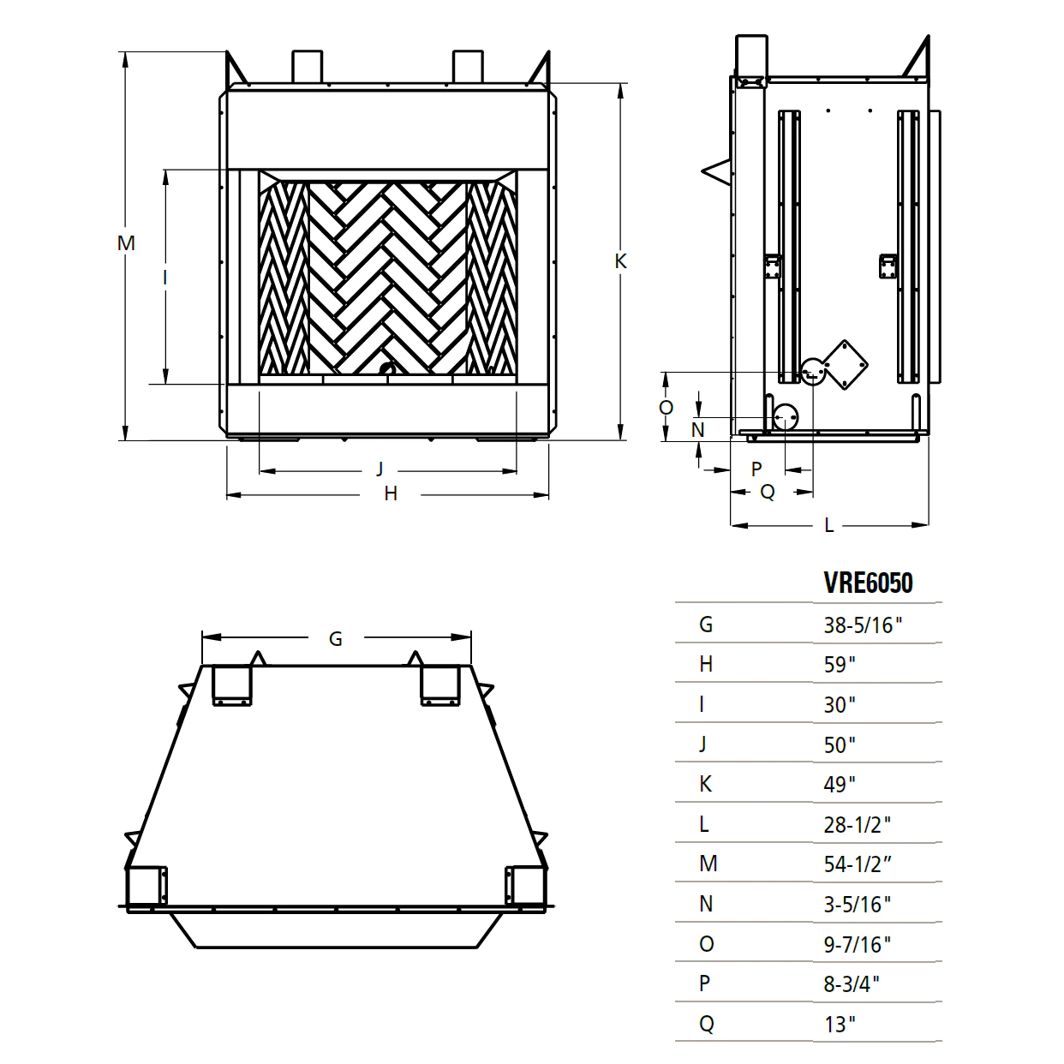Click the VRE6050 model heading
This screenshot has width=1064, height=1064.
coord(868,583)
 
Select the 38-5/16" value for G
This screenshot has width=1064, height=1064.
coord(863,625)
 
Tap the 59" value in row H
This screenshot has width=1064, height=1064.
coord(840,665)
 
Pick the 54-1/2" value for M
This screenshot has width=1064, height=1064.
coord(857,864)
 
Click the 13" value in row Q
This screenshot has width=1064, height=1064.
coord(840,1024)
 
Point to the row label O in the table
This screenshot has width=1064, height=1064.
coord(707,944)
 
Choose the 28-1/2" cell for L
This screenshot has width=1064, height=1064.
coord(857,824)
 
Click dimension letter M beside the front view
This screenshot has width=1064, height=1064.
coord(126,243)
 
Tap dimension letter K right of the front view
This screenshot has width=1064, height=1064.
coord(621,261)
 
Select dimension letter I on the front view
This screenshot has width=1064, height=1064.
coord(164,277)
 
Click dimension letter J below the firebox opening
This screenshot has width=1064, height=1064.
coord(380,469)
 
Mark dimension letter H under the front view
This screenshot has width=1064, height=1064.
coord(391,493)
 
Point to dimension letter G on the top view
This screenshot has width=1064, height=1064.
coord(335,638)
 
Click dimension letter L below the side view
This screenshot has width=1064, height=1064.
coord(828,525)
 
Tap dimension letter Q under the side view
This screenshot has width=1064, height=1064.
coord(768,492)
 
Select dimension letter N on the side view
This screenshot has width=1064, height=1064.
coord(698,429)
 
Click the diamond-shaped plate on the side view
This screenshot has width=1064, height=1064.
coord(846,364)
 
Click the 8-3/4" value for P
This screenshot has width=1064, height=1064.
coord(852,984)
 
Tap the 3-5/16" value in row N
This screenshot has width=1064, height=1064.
coord(857,904)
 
